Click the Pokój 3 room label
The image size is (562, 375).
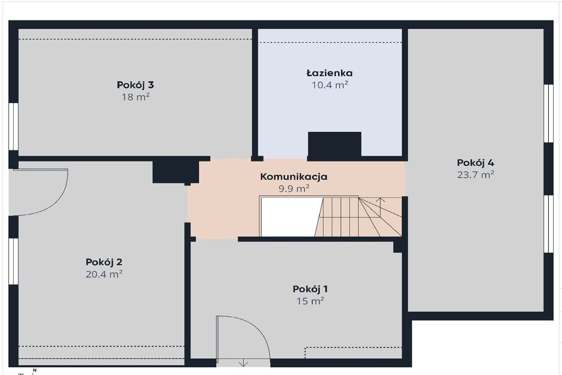point(135,85)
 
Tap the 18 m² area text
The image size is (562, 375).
point(135,97)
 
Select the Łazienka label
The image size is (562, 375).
point(330,73)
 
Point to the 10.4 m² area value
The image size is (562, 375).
point(330,85)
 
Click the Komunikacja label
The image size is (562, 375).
point(294,177)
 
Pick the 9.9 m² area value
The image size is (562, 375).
point(294,188)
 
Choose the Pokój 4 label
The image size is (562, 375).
point(476,163)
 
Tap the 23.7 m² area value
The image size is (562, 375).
point(476,175)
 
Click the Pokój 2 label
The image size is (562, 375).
point(104,262)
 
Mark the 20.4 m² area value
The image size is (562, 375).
point(104,275)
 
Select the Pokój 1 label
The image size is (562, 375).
point(310,289)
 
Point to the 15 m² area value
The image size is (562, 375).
point(310,301)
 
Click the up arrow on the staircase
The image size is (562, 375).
point(380,206)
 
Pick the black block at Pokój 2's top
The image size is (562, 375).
point(176,172)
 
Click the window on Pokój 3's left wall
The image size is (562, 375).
point(13,126)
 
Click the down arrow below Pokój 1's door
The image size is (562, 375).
point(243,362)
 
